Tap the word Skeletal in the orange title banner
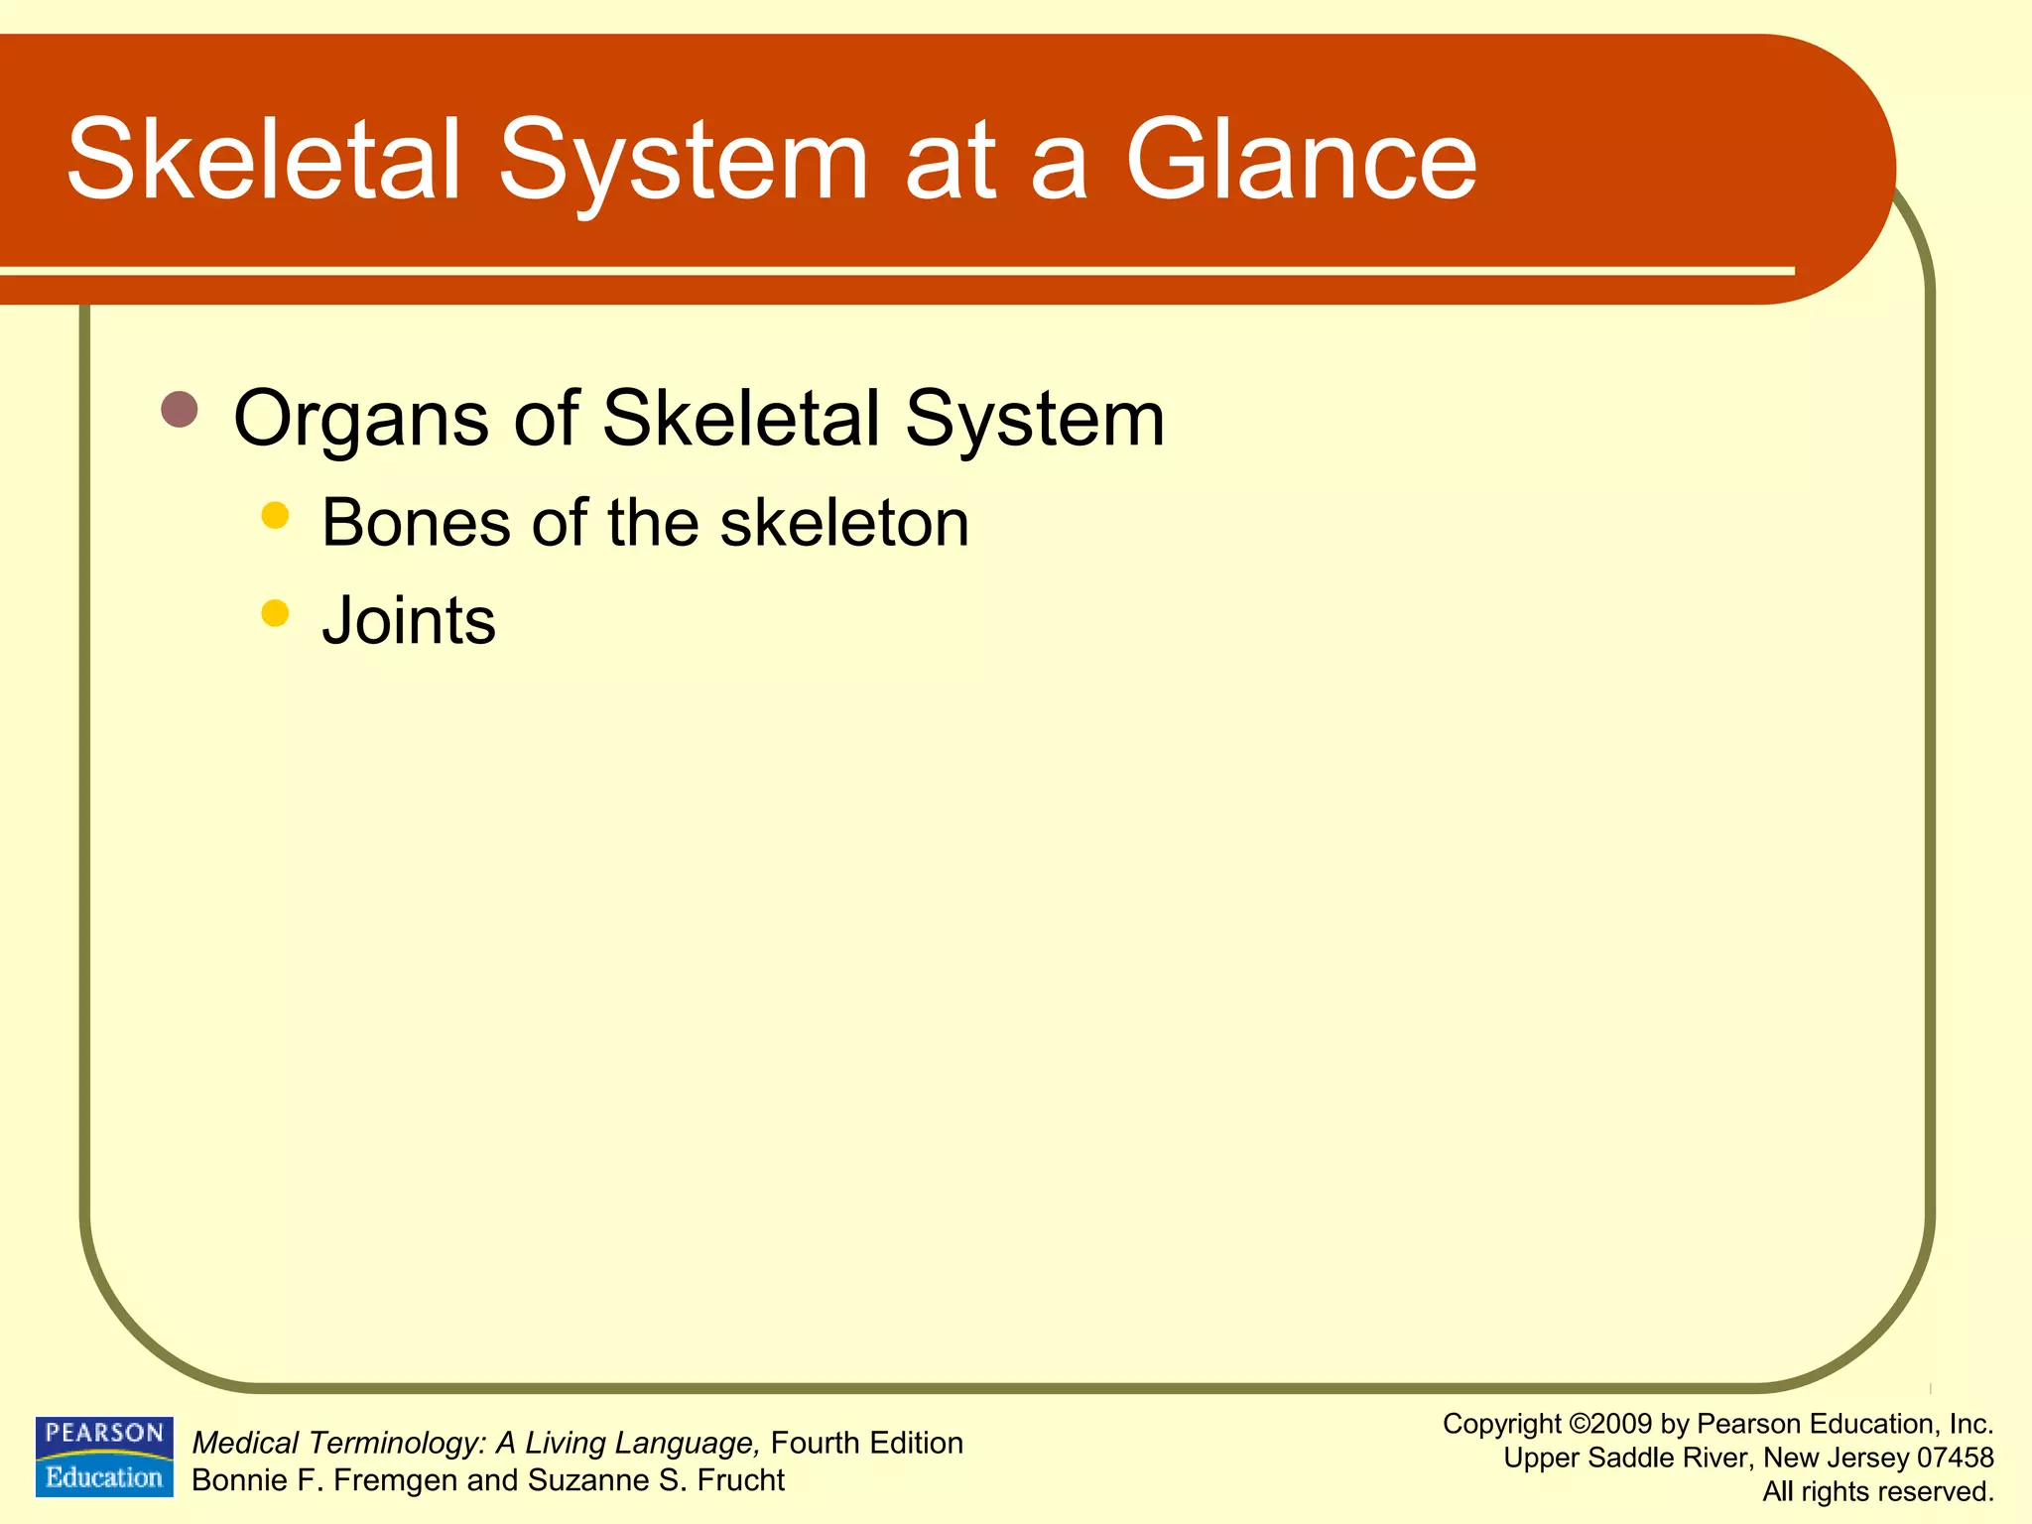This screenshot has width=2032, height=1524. [x=264, y=161]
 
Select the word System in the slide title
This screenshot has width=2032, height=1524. [x=683, y=161]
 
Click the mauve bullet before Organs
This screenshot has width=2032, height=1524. [x=180, y=409]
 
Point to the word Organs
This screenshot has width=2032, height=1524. [x=360, y=420]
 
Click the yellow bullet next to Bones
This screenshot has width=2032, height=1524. [x=275, y=515]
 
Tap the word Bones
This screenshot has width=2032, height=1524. [x=416, y=523]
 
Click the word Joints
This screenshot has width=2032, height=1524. [x=409, y=621]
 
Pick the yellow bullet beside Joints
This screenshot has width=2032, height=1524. [x=275, y=613]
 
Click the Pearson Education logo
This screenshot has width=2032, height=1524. [x=104, y=1456]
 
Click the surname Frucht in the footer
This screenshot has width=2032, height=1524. [x=740, y=1480]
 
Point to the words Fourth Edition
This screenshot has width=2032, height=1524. [x=866, y=1443]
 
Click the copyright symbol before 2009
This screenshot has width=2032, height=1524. [x=1580, y=1425]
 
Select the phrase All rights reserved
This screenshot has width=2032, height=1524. [x=1877, y=1491]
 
